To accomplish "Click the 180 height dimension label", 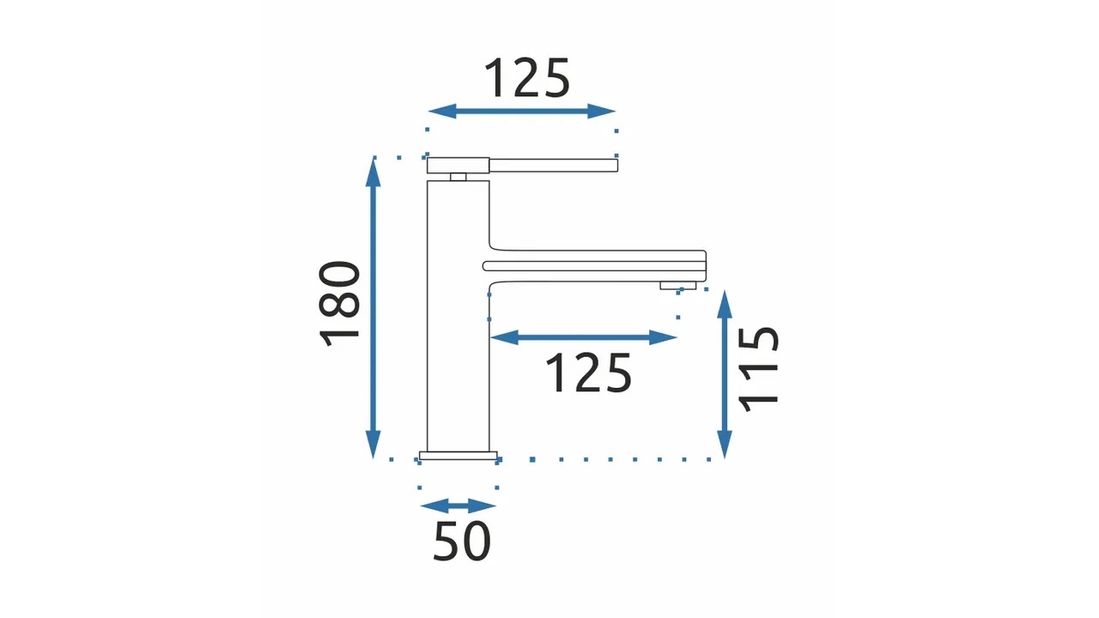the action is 339,304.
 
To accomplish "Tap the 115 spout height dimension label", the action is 758,369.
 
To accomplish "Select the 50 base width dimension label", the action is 462,541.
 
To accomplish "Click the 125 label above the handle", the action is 527,78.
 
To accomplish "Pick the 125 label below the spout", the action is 588,373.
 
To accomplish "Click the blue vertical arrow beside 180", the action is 373,308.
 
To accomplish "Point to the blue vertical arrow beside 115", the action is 725,374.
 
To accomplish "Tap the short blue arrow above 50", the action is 458,506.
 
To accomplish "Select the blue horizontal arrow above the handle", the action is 522,112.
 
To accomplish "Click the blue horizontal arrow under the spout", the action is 584,337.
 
